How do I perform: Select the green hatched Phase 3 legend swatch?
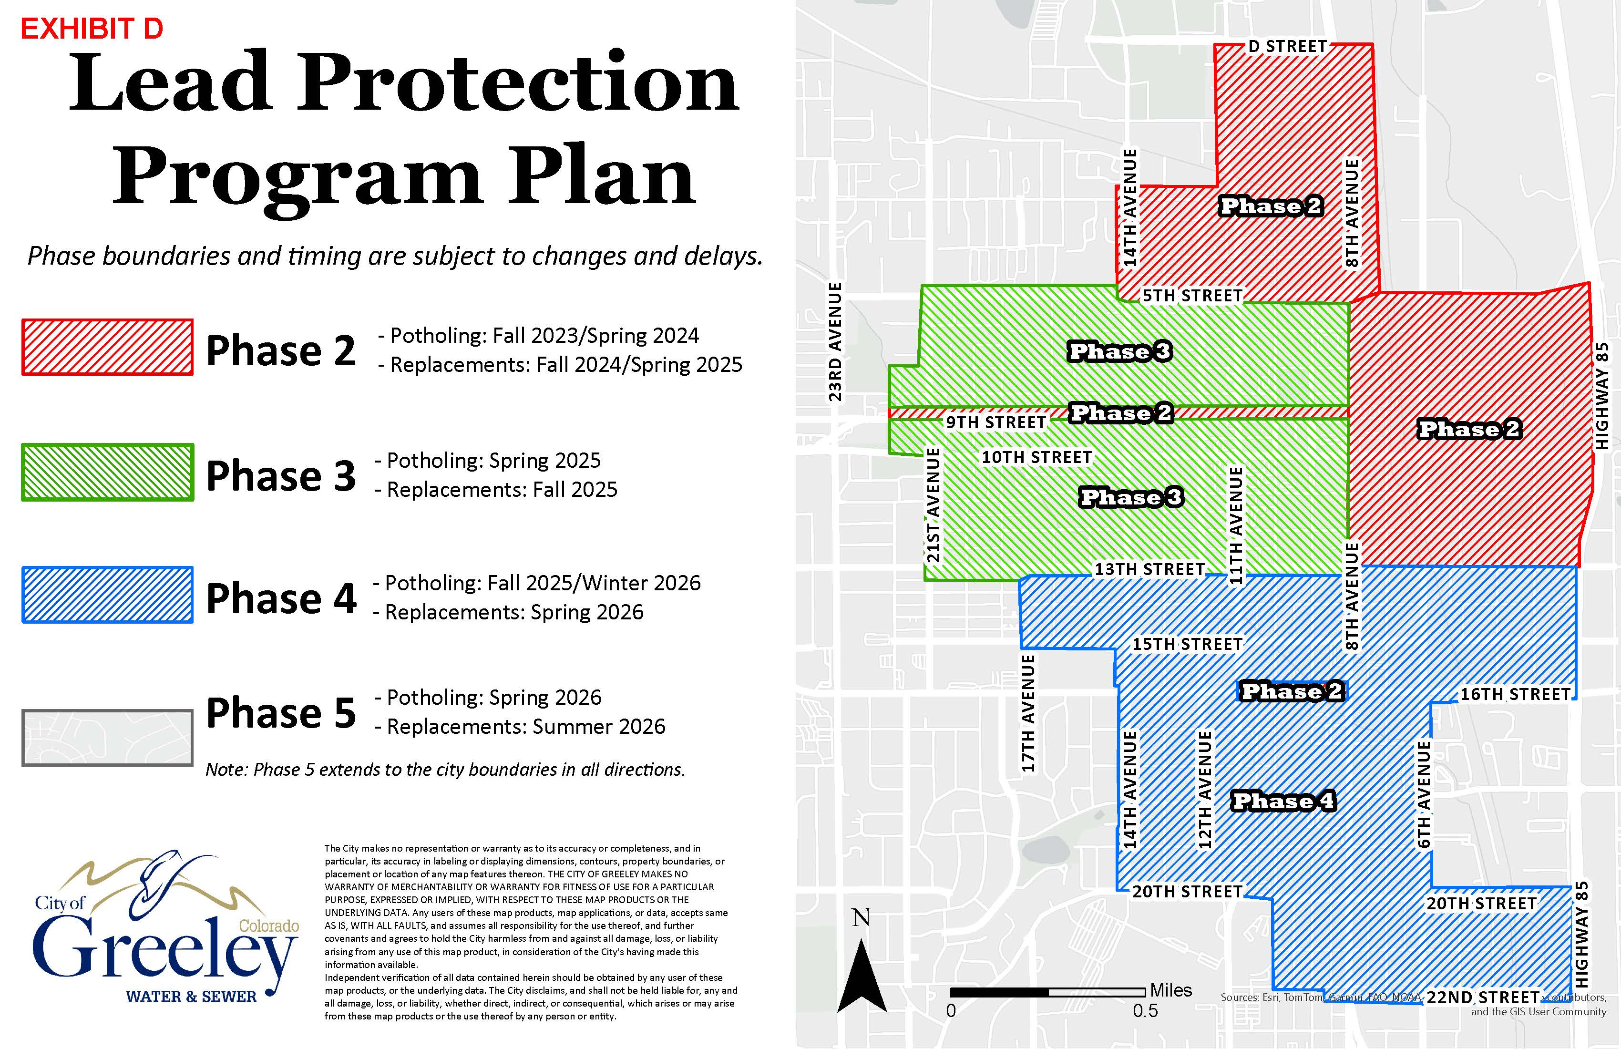coord(108,473)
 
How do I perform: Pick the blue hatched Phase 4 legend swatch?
coord(108,595)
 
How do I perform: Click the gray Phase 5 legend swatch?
coord(108,738)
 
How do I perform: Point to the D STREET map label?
coord(1287,46)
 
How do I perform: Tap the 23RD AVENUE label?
coord(835,341)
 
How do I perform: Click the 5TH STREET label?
coord(1192,296)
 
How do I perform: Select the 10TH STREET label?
coord(1036,457)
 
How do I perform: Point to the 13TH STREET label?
coord(1149,569)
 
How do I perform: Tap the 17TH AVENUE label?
coord(1028,713)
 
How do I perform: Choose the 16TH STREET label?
coord(1515,694)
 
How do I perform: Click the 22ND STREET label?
coord(1483,997)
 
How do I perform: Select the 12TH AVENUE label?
coord(1205,790)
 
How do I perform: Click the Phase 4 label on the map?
coord(1283,801)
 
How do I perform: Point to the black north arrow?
coord(862,974)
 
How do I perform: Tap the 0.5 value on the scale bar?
coord(1145,1011)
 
